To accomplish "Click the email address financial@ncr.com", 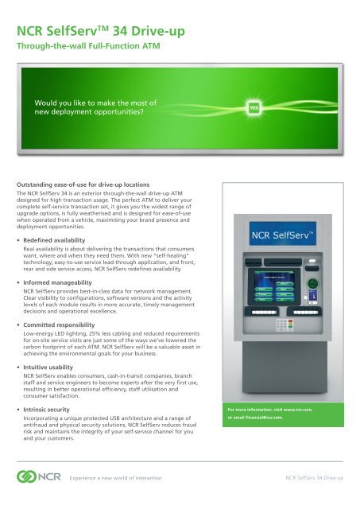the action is [270, 419].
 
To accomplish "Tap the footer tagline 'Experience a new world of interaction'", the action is [119, 480].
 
